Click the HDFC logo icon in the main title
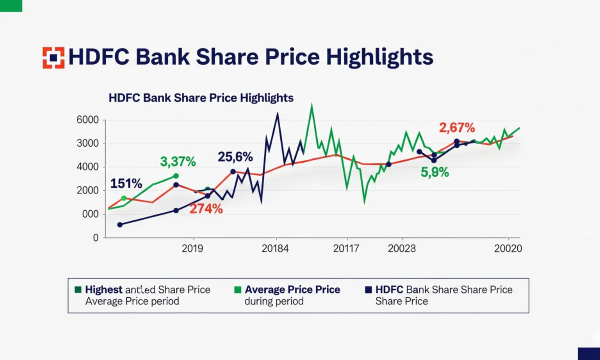tap(53, 57)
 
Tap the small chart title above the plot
tap(201, 97)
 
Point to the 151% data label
tap(126, 183)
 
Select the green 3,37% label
tap(178, 161)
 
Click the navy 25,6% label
tap(235, 157)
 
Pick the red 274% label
tap(206, 209)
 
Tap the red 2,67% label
tap(457, 128)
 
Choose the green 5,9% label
tap(435, 173)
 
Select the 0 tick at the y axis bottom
tap(95, 238)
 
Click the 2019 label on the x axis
tap(192, 248)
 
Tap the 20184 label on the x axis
tap(275, 248)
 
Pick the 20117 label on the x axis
tap(346, 248)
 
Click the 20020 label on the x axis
tap(507, 248)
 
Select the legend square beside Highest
tap(78, 289)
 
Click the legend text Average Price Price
tap(292, 289)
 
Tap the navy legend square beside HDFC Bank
tap(368, 289)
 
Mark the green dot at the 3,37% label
tap(175, 176)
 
